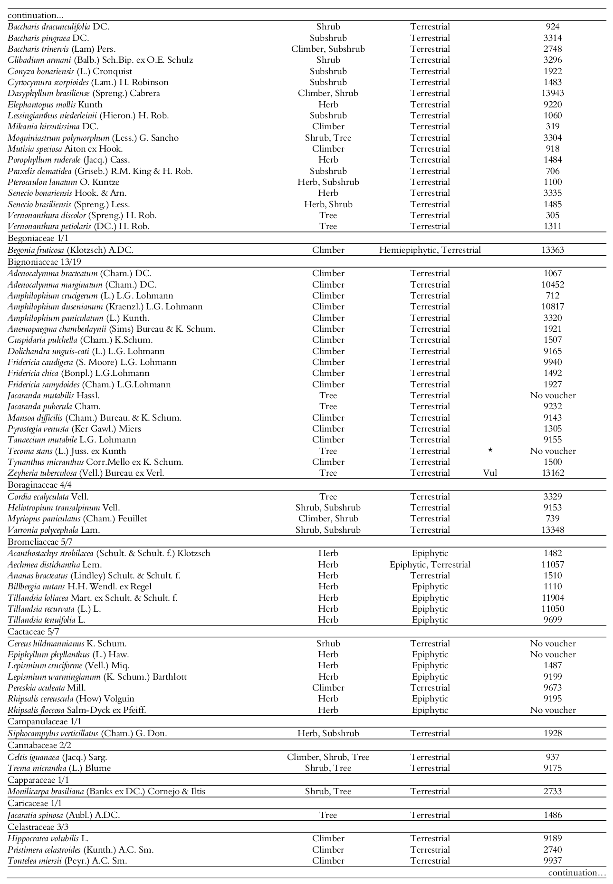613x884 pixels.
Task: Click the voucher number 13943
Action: pyautogui.click(x=553, y=93)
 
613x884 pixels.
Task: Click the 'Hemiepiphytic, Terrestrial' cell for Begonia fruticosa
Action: pyautogui.click(x=430, y=250)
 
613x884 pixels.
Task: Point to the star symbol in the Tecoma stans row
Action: pyautogui.click(x=490, y=451)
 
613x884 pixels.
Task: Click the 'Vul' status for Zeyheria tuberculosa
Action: pyautogui.click(x=490, y=473)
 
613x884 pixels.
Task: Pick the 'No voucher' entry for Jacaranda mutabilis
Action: pyautogui.click(x=553, y=395)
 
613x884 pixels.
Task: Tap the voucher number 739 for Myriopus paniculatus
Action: pyautogui.click(x=553, y=519)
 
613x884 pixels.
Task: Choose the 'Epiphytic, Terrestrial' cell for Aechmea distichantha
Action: pyautogui.click(x=430, y=565)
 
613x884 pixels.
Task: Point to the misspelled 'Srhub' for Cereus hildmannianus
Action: pyautogui.click(x=328, y=644)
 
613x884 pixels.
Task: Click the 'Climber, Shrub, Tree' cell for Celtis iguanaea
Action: pyautogui.click(x=328, y=757)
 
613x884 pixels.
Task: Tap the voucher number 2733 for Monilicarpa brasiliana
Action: pyautogui.click(x=553, y=791)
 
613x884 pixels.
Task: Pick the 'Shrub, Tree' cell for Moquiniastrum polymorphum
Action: pyautogui.click(x=328, y=138)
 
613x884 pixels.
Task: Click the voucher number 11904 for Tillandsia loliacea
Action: pyautogui.click(x=553, y=598)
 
